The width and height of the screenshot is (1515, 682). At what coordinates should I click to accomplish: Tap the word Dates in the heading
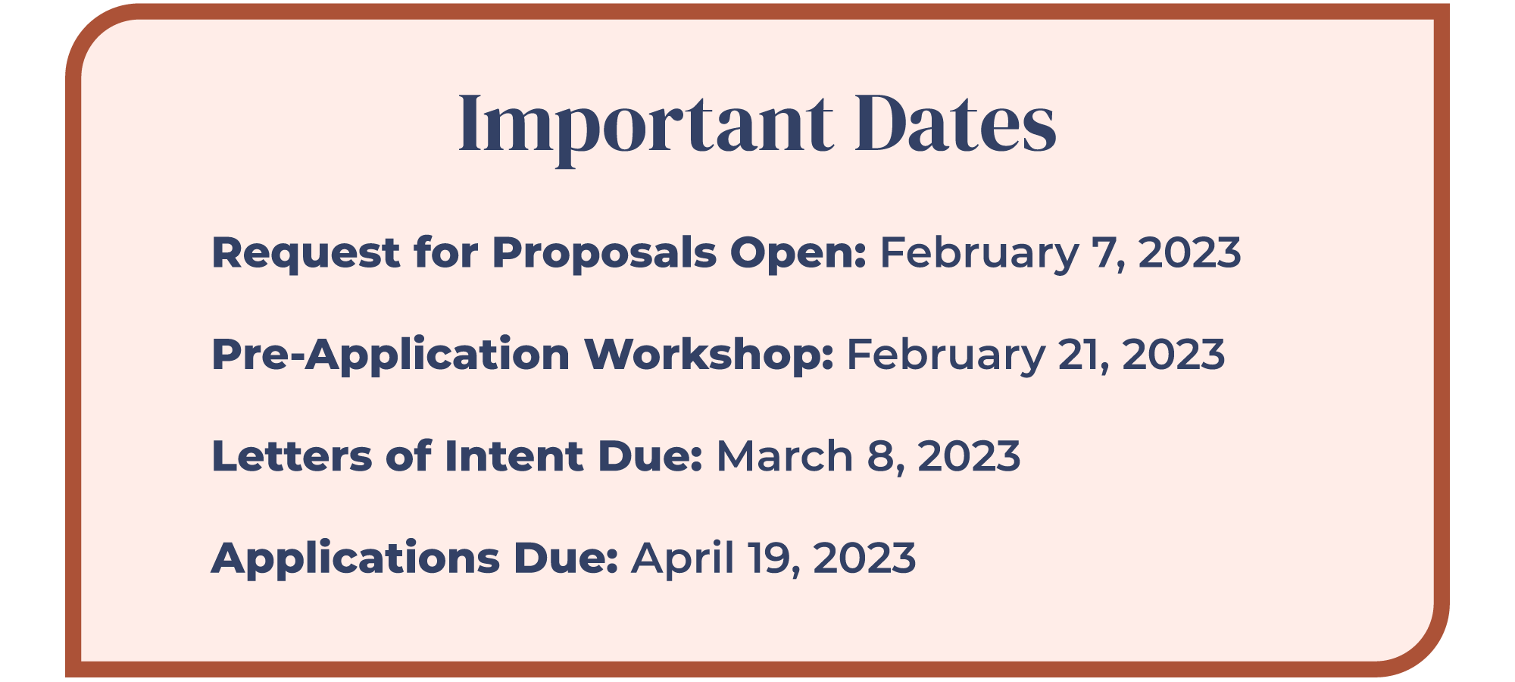[x=955, y=124]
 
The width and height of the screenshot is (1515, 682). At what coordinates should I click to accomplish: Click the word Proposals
[x=604, y=253]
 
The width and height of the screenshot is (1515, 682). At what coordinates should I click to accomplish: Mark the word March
[x=785, y=457]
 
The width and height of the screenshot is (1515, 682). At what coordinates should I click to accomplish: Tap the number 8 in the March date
[x=883, y=457]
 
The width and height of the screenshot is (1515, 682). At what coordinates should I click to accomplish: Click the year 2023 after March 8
[x=969, y=457]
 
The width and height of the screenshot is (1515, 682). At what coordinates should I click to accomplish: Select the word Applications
[x=355, y=559]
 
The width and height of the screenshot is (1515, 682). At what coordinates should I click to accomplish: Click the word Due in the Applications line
[x=565, y=558]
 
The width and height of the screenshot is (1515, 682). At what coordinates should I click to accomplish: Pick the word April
[x=683, y=559]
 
